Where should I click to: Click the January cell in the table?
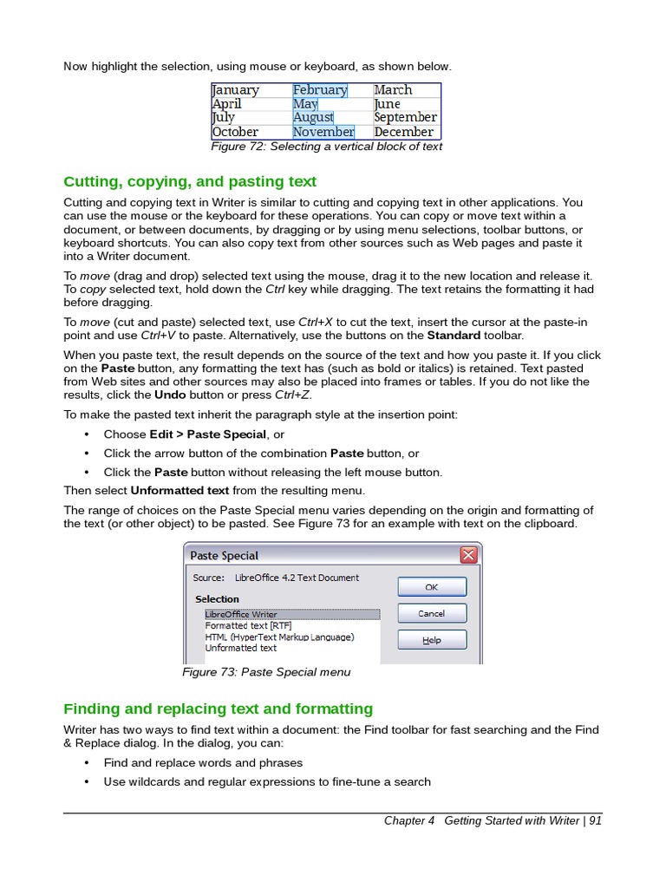(x=236, y=90)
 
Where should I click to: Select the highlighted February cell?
(x=320, y=90)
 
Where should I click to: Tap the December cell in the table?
(x=403, y=132)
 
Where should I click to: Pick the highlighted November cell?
(x=323, y=132)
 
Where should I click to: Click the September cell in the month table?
(x=405, y=117)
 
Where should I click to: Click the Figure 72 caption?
(x=327, y=147)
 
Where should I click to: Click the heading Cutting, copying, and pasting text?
(x=190, y=181)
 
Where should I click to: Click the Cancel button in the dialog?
(x=432, y=613)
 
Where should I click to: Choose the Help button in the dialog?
(x=432, y=640)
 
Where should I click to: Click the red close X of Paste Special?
(x=468, y=555)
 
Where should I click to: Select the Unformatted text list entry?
(x=241, y=648)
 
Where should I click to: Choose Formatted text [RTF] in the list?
(x=248, y=625)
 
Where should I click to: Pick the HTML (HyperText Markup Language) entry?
(x=279, y=637)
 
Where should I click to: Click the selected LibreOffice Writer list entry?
(x=241, y=615)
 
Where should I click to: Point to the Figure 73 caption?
(x=266, y=672)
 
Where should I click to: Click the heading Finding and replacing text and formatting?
(x=219, y=708)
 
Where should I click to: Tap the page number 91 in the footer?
(x=595, y=821)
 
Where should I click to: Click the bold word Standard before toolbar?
(x=454, y=335)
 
